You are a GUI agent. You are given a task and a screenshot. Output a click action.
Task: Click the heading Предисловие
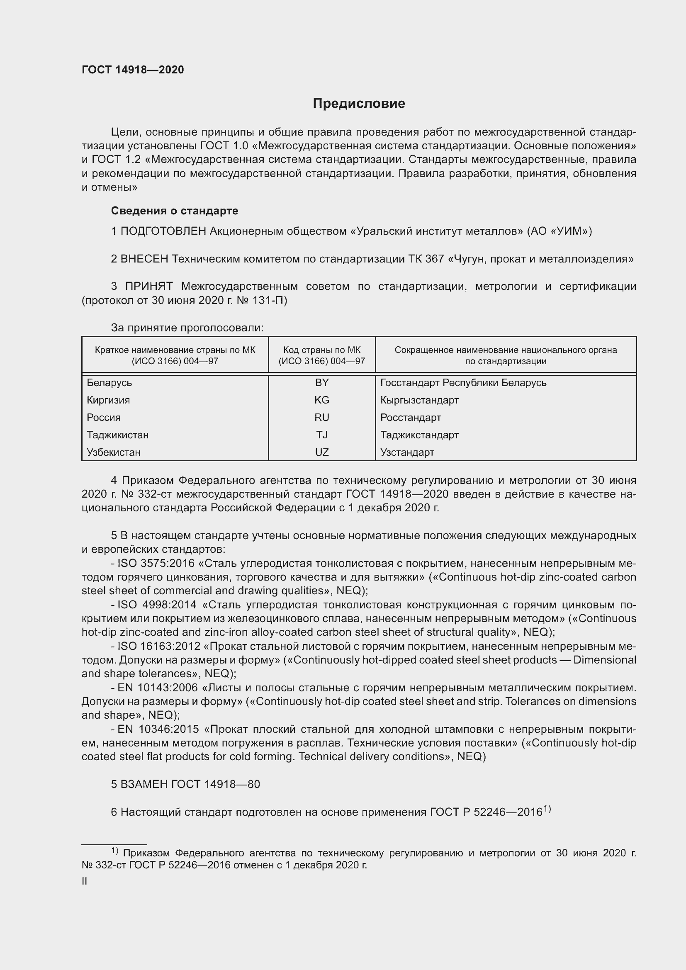click(359, 104)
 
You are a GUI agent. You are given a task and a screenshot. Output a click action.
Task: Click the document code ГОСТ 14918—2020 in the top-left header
click(133, 70)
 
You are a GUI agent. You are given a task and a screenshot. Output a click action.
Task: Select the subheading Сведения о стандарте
click(175, 211)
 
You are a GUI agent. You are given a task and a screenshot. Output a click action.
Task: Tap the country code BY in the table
click(322, 383)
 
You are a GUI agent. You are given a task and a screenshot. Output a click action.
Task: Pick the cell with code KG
click(322, 400)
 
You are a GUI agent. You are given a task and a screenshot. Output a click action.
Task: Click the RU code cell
click(322, 418)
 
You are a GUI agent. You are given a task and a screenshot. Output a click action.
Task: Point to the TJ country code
click(322, 435)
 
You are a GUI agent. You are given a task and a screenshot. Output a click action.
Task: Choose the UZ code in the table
click(322, 452)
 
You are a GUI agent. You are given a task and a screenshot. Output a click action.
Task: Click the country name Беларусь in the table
click(109, 383)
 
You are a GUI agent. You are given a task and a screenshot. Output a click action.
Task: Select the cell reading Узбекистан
click(113, 452)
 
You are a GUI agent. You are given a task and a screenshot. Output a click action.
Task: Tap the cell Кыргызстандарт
click(419, 400)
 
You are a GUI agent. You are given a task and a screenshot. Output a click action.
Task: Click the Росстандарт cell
click(411, 418)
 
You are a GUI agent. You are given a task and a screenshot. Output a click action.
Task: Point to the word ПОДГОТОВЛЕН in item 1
click(163, 231)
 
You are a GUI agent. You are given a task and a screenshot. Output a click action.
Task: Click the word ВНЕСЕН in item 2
click(144, 259)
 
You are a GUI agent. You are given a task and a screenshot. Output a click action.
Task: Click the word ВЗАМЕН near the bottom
click(144, 785)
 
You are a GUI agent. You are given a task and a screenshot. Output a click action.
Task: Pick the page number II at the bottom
click(85, 881)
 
